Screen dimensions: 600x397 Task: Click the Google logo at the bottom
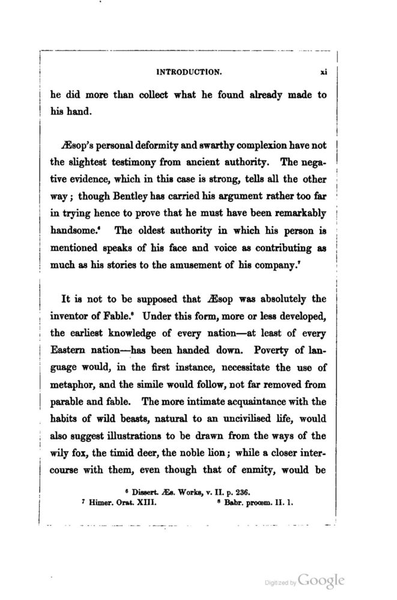click(x=321, y=580)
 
